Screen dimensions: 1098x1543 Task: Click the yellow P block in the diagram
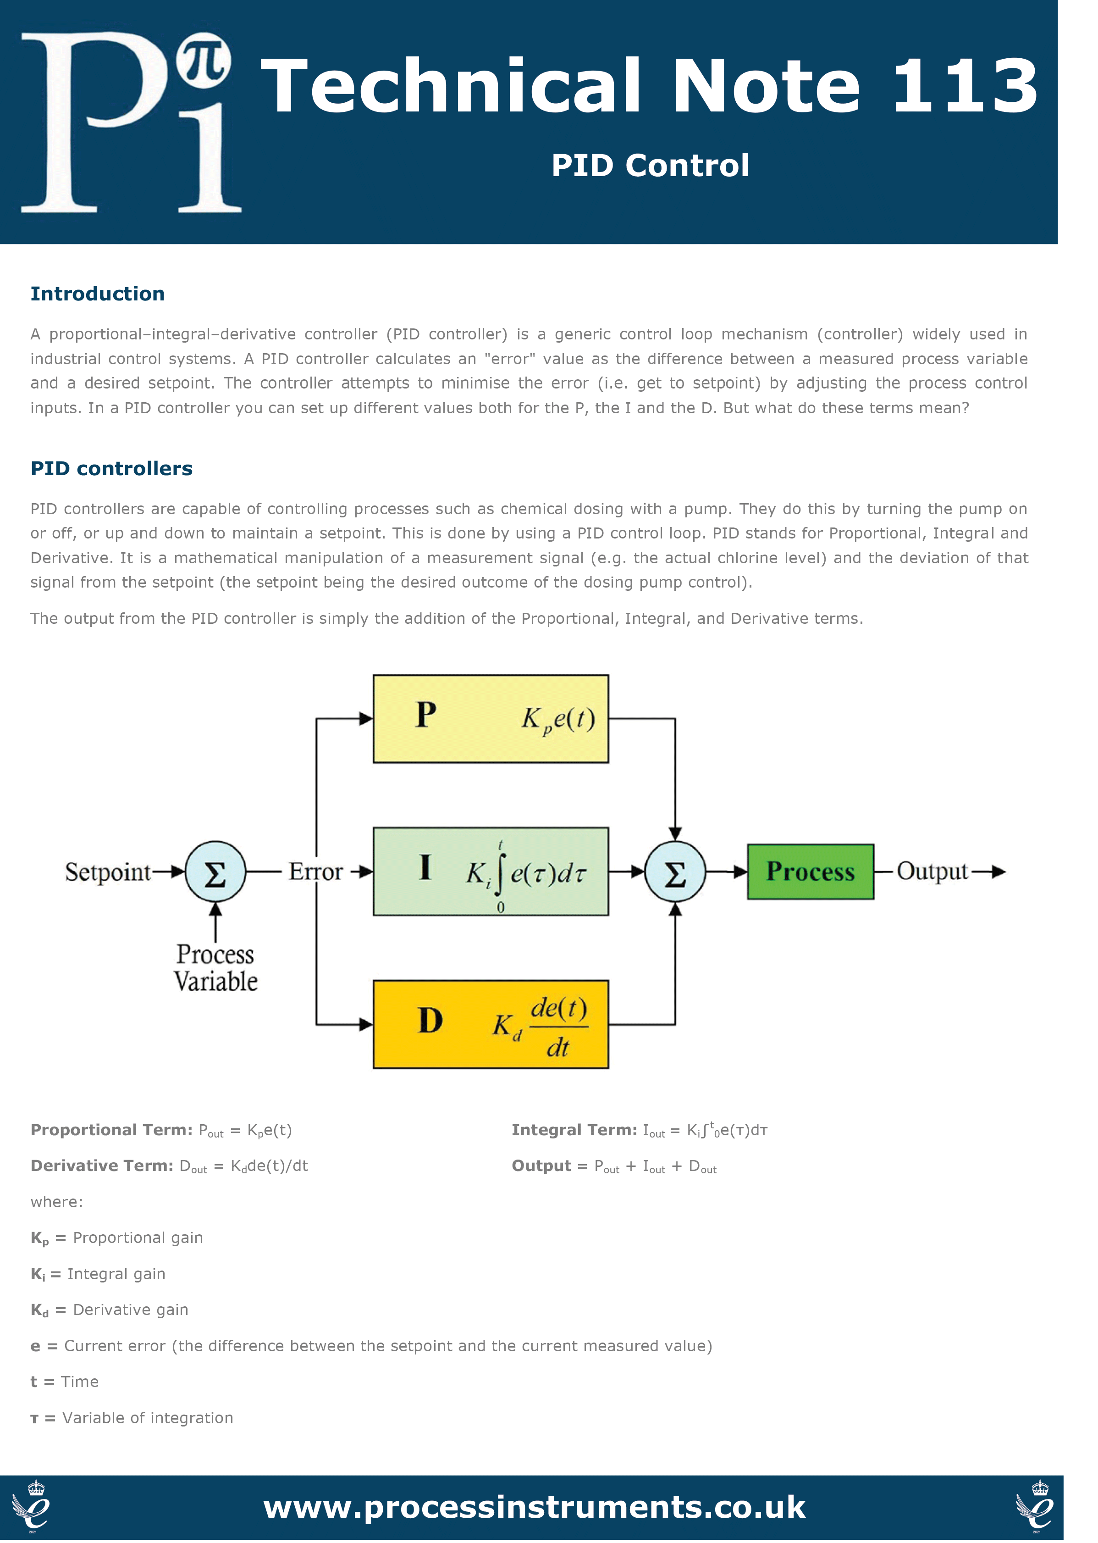tap(491, 718)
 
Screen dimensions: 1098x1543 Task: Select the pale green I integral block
tap(491, 871)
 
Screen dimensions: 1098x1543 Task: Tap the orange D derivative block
tap(491, 1024)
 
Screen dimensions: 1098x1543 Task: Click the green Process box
tap(810, 871)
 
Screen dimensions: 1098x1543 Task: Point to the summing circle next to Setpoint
tap(215, 871)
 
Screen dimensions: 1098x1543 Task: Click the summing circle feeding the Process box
tap(675, 871)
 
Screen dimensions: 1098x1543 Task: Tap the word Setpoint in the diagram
tap(107, 872)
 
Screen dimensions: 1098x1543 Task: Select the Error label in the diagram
tap(316, 871)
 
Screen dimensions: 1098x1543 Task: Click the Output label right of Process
tap(932, 871)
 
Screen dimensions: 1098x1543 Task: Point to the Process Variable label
tap(215, 967)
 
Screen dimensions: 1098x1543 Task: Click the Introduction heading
tap(97, 294)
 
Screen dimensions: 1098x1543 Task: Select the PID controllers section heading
tap(111, 468)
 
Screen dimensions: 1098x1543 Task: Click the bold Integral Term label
tap(574, 1130)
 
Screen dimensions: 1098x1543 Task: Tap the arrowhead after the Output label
tap(998, 872)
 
